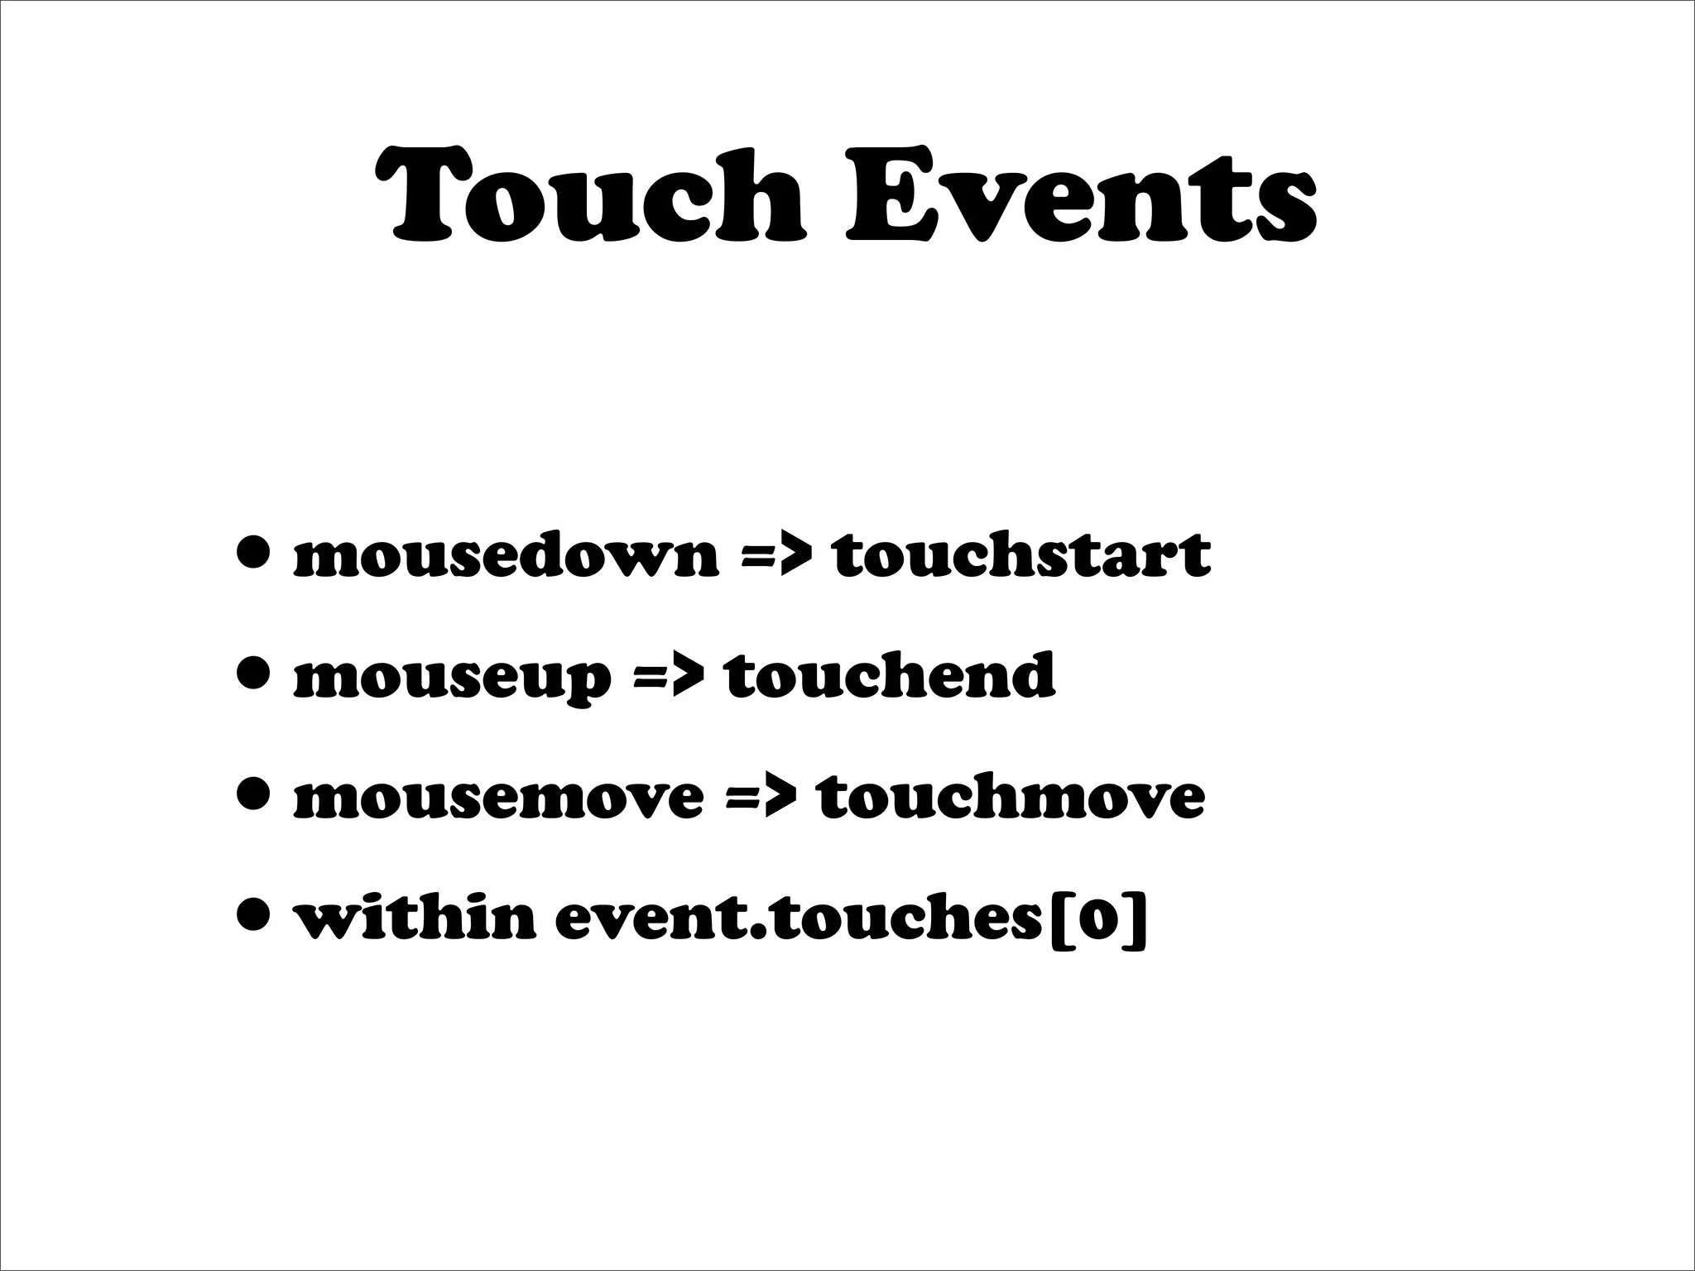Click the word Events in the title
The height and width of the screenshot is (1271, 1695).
[x=1081, y=197]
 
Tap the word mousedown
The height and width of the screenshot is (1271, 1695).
[x=506, y=555]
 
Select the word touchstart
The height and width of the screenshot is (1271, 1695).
[x=1021, y=555]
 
